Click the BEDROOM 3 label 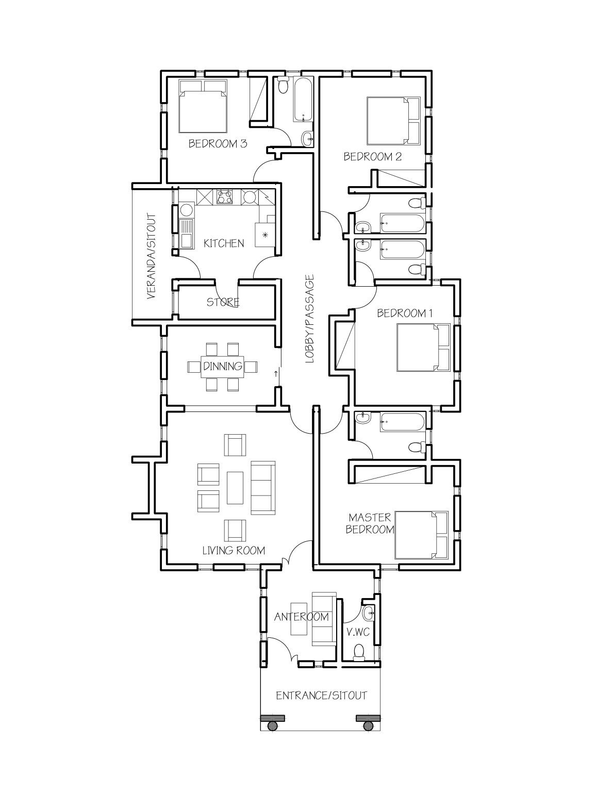coord(217,143)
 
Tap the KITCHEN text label coord(223,243)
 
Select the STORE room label coord(223,302)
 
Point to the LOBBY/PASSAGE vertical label coord(309,319)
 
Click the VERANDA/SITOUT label coord(151,256)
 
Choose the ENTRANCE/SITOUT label coord(321,695)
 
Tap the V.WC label coord(355,632)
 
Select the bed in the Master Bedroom coord(421,535)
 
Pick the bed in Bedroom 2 coord(393,121)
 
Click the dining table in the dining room coord(223,367)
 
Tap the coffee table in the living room coord(235,488)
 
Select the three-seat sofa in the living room coord(264,488)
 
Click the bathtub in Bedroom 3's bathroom coord(303,100)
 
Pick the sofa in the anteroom coord(323,618)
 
